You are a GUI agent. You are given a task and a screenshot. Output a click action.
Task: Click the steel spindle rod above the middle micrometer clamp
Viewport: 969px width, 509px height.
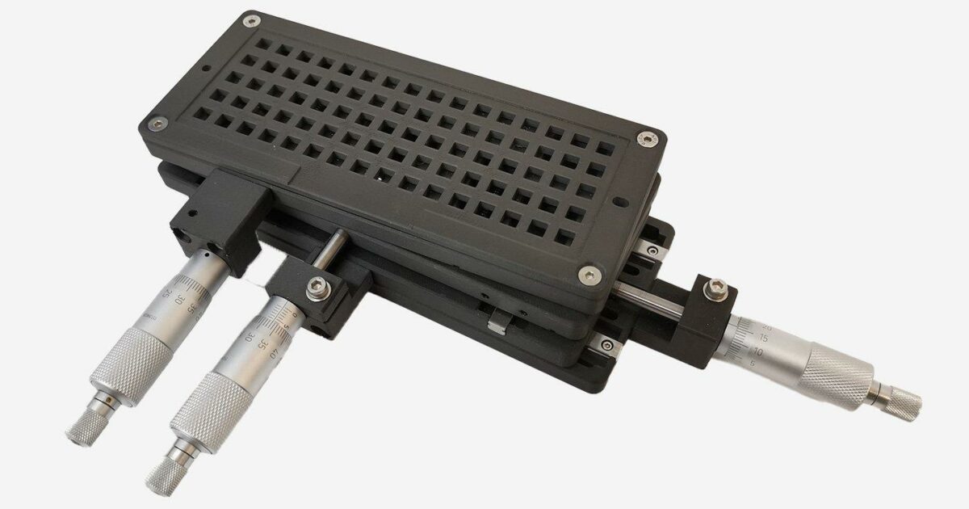point(332,247)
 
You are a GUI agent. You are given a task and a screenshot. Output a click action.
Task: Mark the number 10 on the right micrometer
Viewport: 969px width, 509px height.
point(757,353)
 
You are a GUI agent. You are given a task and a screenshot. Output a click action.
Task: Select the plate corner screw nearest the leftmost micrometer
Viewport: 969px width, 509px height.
point(158,123)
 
